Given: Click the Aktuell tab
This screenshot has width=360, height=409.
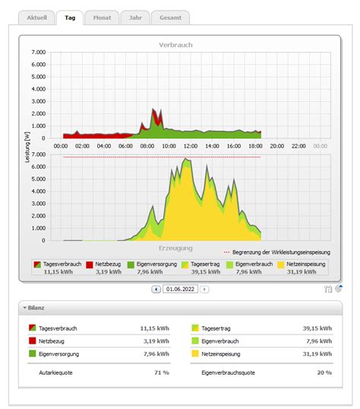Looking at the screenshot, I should click(36, 17).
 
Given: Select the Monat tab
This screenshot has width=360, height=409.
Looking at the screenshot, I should click(101, 17).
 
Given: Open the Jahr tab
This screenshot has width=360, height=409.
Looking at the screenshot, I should click(134, 17).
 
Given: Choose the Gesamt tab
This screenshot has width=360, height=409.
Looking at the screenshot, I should click(169, 17).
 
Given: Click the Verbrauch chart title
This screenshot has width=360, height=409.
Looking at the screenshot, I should click(175, 45).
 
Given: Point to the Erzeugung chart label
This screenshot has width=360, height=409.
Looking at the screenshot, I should click(175, 248).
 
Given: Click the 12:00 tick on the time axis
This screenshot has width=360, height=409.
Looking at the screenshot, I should click(191, 145).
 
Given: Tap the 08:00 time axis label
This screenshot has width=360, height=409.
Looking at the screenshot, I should click(148, 145).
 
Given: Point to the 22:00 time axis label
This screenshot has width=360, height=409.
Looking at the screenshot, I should click(298, 145).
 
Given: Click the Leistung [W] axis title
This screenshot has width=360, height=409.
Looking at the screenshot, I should click(28, 147).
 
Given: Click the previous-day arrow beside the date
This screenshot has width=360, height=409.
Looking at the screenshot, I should click(156, 289).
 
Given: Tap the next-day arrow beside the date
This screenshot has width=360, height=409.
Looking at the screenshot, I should click(204, 289).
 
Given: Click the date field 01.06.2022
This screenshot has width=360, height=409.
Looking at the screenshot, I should click(180, 289).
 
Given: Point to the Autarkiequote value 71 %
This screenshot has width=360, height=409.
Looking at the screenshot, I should click(161, 373).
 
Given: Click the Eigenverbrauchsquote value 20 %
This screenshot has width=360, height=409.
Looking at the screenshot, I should click(324, 373).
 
